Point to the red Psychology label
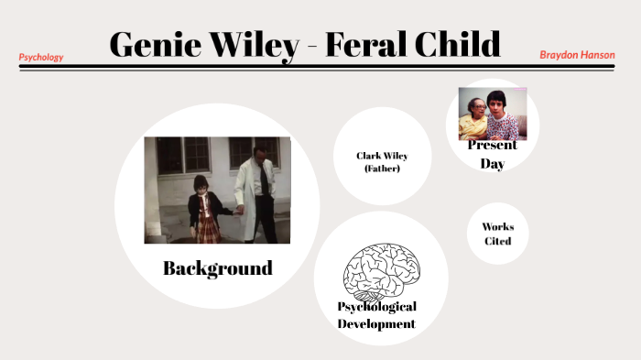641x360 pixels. (x=41, y=57)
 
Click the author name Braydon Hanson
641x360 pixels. (x=577, y=55)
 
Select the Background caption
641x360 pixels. (x=217, y=268)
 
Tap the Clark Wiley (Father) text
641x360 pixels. (x=382, y=161)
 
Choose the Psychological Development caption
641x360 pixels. (x=376, y=314)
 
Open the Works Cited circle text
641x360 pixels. (x=497, y=234)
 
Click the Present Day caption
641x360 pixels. (x=493, y=154)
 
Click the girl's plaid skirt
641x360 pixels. (x=206, y=229)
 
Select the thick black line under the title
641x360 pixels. (x=316, y=66)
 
